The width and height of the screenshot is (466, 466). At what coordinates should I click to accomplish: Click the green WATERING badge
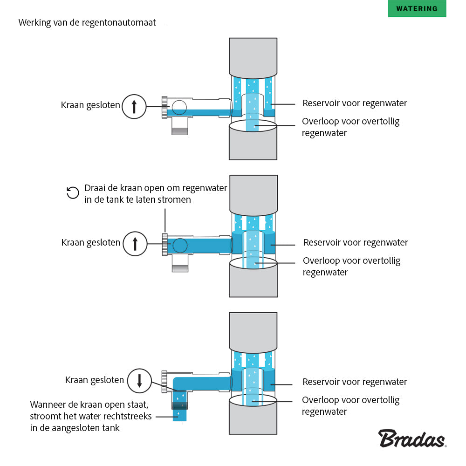[417, 9]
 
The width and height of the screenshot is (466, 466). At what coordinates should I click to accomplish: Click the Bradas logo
[412, 439]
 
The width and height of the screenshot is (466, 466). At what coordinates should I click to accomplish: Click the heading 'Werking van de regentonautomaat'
[87, 22]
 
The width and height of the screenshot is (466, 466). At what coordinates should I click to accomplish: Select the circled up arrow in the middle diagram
[135, 243]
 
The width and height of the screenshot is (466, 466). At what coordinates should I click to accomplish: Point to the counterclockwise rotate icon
[73, 192]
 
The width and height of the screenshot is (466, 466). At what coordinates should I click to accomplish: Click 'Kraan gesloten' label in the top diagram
[90, 105]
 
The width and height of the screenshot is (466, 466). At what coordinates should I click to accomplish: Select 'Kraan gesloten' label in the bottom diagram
[95, 380]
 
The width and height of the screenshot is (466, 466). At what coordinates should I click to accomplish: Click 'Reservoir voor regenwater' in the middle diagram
[356, 242]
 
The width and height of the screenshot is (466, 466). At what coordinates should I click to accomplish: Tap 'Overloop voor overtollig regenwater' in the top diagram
[350, 127]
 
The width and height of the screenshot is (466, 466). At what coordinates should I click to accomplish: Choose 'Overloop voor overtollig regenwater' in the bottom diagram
[350, 405]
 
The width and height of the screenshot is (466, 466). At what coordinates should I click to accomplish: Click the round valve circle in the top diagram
[178, 107]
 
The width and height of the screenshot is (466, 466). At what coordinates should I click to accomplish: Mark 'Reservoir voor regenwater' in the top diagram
[355, 103]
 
